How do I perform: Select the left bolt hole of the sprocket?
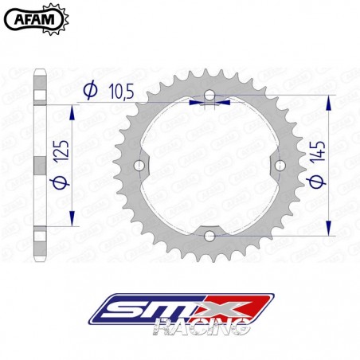pyautogui.click(x=141, y=165)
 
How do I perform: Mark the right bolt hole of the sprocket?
pyautogui.click(x=278, y=165)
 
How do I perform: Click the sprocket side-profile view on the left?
pyautogui.click(x=40, y=165)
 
